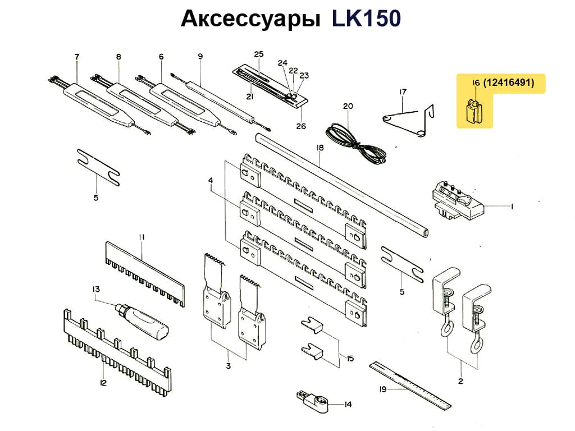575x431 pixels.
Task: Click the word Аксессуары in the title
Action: coord(250,19)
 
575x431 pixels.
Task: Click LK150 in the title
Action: coord(366,19)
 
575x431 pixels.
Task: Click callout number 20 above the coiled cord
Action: coord(348,106)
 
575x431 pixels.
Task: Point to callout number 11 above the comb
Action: coord(142,237)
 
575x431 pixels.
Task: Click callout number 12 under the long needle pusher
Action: coord(103,383)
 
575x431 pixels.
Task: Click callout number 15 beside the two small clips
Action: coord(350,359)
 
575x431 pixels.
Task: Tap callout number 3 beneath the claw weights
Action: coord(229,366)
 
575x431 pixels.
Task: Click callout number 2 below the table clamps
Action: coord(460,382)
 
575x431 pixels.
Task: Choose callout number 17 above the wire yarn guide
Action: coord(403,92)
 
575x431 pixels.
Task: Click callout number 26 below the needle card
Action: coord(302,126)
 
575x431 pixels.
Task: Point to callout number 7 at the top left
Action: coord(77,56)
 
